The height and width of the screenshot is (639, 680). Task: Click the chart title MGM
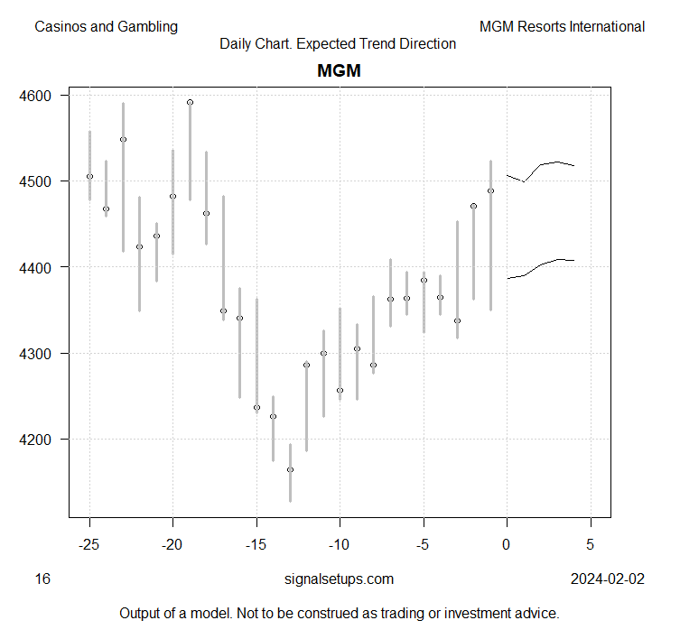coord(339,70)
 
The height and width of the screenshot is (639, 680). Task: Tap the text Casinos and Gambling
coord(106,26)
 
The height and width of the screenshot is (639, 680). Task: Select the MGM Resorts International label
coord(562,26)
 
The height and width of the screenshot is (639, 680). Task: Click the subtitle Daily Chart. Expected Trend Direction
coord(338,43)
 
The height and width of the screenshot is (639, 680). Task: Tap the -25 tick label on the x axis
coord(88,545)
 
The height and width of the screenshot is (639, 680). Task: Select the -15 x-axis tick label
coord(256,545)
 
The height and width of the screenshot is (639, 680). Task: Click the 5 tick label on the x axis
coord(591,545)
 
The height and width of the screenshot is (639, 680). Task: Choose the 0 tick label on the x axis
coord(508,545)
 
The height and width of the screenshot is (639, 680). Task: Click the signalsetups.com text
coord(338,579)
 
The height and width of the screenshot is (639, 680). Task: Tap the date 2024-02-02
coord(608,579)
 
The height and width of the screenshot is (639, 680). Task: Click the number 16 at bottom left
coord(42,579)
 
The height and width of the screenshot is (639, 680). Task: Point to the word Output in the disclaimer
coord(142,614)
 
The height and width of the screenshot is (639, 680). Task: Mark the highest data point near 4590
coord(190,102)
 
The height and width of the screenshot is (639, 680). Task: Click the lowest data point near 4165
coord(290,469)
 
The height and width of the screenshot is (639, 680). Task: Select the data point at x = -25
coord(89,176)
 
